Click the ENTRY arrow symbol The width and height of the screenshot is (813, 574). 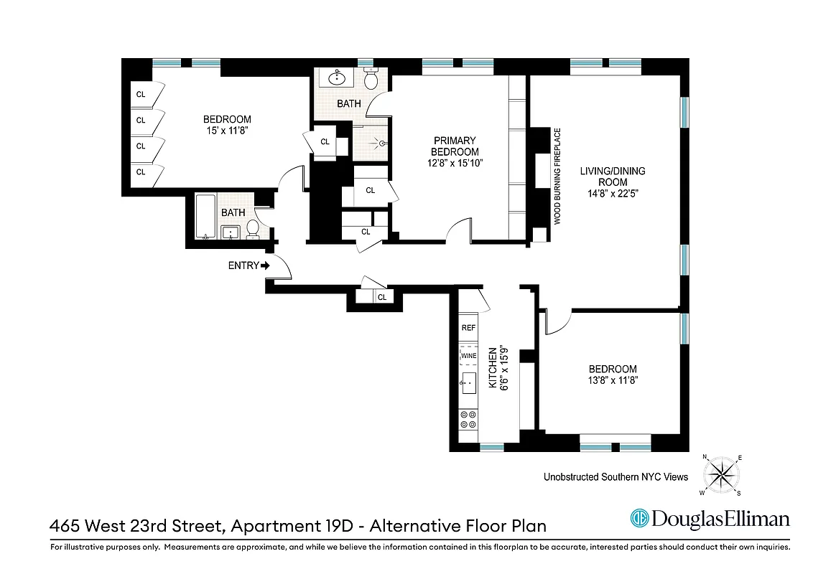pyautogui.click(x=266, y=265)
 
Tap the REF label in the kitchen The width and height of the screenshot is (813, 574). pyautogui.click(x=468, y=328)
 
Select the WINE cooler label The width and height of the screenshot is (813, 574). pyautogui.click(x=468, y=356)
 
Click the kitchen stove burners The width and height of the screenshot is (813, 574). pyautogui.click(x=468, y=419)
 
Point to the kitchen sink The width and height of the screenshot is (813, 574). pyautogui.click(x=469, y=384)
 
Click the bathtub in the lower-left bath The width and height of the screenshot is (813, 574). pyautogui.click(x=203, y=215)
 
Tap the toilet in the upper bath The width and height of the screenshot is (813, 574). pyautogui.click(x=371, y=78)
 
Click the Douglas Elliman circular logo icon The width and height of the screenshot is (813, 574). pyautogui.click(x=640, y=518)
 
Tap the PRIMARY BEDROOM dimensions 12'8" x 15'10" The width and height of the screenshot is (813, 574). pyautogui.click(x=454, y=163)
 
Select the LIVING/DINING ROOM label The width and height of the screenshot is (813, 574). pyautogui.click(x=613, y=177)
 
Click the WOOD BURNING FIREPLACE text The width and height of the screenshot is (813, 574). pyautogui.click(x=557, y=177)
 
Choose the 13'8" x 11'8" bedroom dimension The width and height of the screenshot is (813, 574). pyautogui.click(x=613, y=380)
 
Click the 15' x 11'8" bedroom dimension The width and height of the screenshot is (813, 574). pyautogui.click(x=227, y=131)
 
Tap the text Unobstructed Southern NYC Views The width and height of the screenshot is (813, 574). pyautogui.click(x=615, y=477)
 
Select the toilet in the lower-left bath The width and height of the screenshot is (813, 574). pyautogui.click(x=253, y=228)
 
